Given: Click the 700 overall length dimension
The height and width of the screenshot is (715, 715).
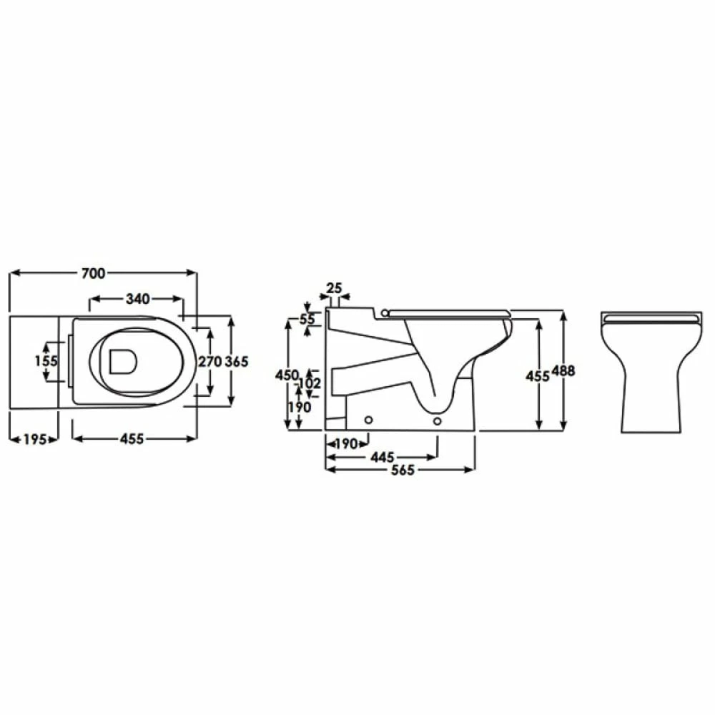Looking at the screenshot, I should click(x=94, y=273).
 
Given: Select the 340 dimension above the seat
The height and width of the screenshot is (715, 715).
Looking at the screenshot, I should click(x=137, y=299).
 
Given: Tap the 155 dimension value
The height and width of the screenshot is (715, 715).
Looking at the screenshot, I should click(x=46, y=361).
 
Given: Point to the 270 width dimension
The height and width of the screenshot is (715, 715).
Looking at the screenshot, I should click(x=209, y=362).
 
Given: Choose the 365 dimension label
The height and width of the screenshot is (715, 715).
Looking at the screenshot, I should click(x=237, y=362).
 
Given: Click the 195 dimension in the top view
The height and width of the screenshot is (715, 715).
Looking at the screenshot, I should click(x=33, y=439).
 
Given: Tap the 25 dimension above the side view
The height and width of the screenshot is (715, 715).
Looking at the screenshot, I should click(x=334, y=288).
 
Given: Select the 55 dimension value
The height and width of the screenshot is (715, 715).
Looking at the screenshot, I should click(x=307, y=320).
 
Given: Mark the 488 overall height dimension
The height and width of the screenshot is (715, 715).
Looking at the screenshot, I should click(x=564, y=370).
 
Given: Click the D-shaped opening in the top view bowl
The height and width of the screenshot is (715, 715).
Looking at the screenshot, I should click(x=123, y=362).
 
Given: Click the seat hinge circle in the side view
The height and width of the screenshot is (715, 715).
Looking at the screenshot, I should click(x=386, y=312).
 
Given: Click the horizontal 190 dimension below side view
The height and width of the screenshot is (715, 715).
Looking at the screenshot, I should click(x=345, y=444).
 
